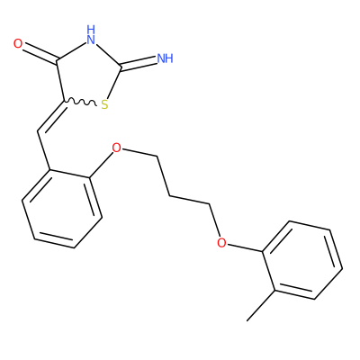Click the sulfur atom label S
pos(104,104)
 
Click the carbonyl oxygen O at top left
pos(18,44)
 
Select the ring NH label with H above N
pos(91,34)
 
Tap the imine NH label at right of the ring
pos(166,58)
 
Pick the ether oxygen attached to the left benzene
pos(116,148)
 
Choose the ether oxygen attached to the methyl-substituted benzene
pos(221,242)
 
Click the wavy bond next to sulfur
pos(80,103)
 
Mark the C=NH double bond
pos(139,62)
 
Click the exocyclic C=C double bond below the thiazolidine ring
pos(51,117)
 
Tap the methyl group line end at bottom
pos(247,320)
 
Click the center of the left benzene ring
pos(62,209)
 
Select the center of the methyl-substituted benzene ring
pos(302,260)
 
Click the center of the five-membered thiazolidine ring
pos(88,76)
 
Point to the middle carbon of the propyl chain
pos(170,196)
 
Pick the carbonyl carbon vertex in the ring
pos(57,60)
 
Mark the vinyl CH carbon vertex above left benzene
pos(38,131)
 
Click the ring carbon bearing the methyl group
pos(275,291)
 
